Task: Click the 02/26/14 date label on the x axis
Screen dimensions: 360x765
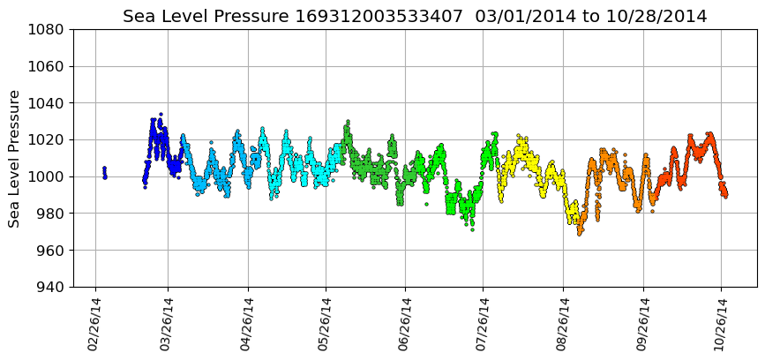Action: pos(94,324)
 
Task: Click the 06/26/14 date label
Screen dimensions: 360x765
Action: pos(405,324)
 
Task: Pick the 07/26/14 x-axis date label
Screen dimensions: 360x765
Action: pos(483,324)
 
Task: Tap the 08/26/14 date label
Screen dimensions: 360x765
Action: pos(563,324)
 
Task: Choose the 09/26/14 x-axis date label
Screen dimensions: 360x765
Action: pos(642,324)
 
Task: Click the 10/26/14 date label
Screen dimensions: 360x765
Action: pos(720,324)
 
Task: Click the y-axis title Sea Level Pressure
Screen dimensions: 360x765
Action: pos(15,158)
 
